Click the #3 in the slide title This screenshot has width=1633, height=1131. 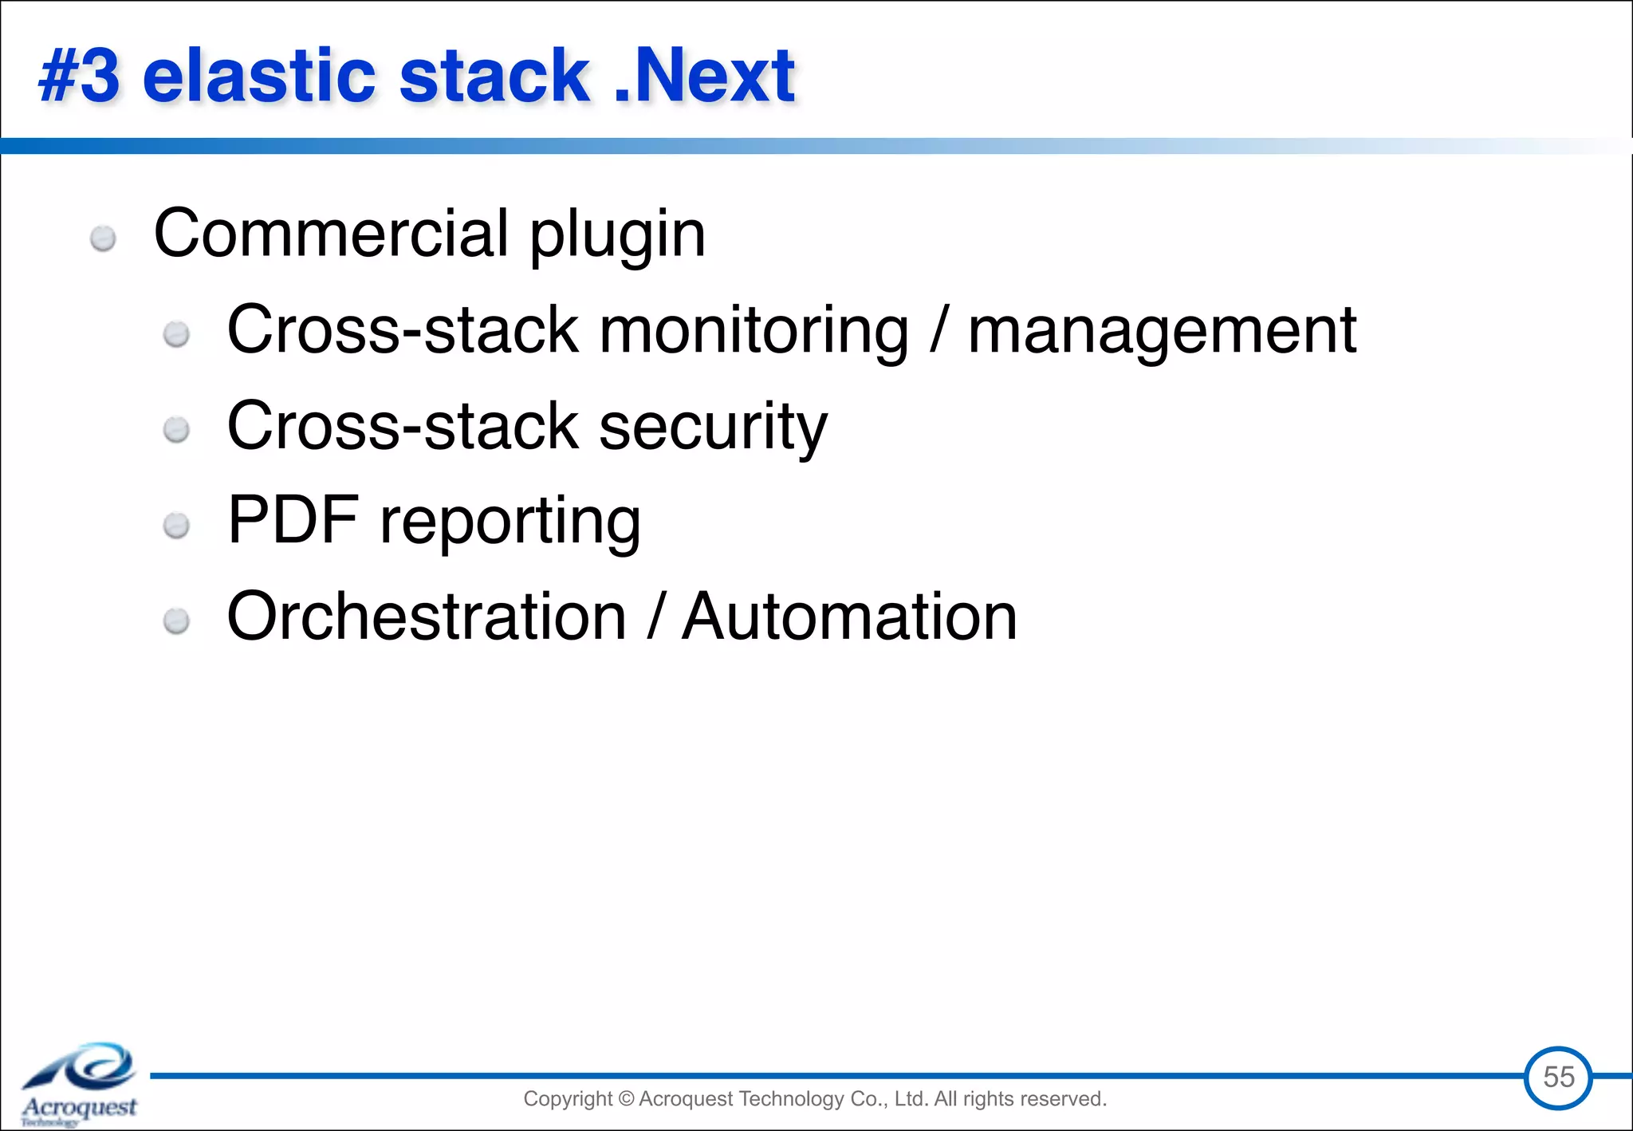[x=80, y=77]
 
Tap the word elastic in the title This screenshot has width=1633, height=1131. [x=258, y=77]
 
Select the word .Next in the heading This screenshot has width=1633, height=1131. [x=705, y=77]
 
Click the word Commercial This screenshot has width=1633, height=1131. [x=331, y=233]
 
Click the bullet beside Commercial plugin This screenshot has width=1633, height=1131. [x=103, y=238]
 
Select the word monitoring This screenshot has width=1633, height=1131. [x=754, y=331]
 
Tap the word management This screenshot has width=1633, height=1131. [x=1162, y=331]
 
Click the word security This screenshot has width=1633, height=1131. [x=713, y=427]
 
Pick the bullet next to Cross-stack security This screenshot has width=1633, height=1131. [x=176, y=431]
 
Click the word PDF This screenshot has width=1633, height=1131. [x=293, y=520]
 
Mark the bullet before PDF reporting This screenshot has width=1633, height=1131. [x=176, y=526]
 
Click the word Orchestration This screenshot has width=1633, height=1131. [x=427, y=617]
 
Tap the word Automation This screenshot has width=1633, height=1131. [x=849, y=617]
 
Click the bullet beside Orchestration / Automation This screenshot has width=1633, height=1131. [x=176, y=621]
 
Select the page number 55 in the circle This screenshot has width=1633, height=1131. [x=1558, y=1078]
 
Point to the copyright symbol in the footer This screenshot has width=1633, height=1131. [x=626, y=1099]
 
